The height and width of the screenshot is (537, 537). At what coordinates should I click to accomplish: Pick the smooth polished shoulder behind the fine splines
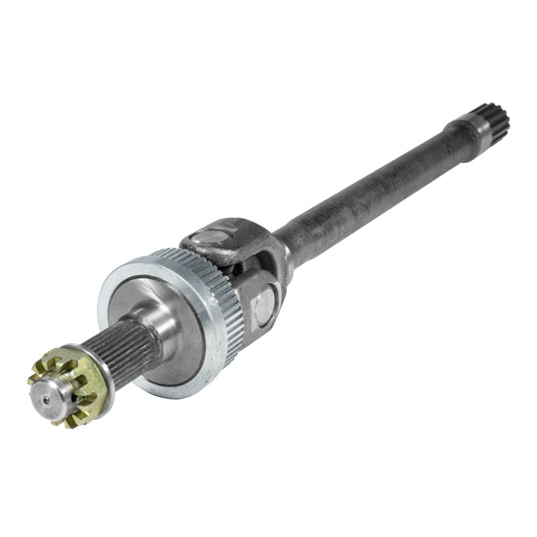152,320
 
